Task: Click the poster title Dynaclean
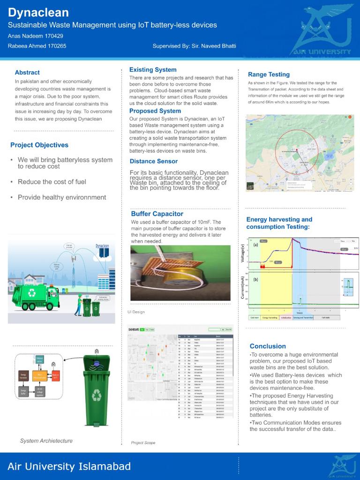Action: tap(38, 13)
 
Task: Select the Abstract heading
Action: tap(27, 73)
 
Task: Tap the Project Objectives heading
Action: tap(39, 145)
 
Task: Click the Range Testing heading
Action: tap(269, 75)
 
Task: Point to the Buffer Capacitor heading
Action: tap(157, 214)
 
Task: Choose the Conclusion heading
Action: tap(268, 346)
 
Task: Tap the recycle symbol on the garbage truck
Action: tap(32, 293)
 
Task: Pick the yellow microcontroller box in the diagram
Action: tap(40, 375)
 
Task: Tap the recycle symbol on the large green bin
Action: tap(97, 395)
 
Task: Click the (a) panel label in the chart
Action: tap(256, 245)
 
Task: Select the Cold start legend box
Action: tap(255, 317)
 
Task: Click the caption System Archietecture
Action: tap(46, 441)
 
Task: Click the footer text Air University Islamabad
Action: tap(69, 466)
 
